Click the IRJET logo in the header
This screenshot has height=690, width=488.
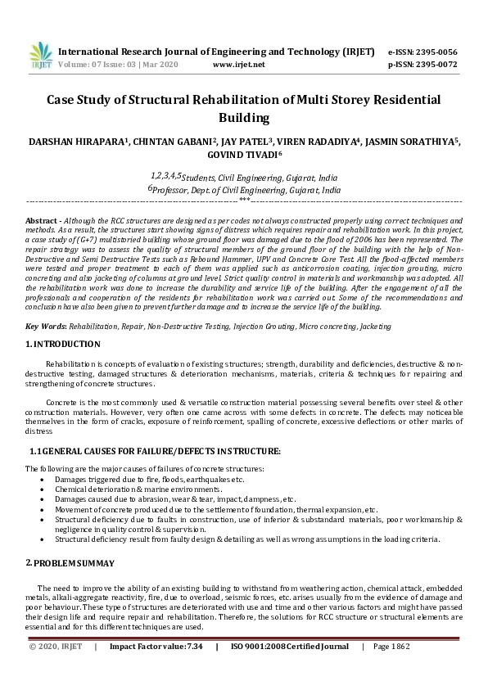40,56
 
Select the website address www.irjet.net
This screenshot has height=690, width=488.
238,64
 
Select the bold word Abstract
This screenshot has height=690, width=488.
41,222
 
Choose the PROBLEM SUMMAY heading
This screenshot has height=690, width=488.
74,564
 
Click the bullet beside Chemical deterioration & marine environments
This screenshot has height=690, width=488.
43,488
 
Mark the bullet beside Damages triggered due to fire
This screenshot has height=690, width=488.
43,478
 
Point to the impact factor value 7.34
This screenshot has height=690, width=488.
193,647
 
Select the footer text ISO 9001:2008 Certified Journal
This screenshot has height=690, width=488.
290,647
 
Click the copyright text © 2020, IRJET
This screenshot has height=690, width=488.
56,647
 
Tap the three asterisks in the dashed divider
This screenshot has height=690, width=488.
244,199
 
